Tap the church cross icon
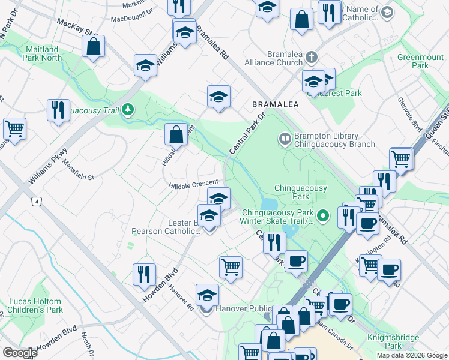311,58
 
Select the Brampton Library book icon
284,139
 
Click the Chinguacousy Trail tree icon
127,109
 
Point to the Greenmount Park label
420,62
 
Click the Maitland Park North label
43,53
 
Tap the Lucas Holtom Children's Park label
35,306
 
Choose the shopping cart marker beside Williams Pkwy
14,128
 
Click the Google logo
20,353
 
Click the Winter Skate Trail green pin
323,214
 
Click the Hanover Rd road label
181,298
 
